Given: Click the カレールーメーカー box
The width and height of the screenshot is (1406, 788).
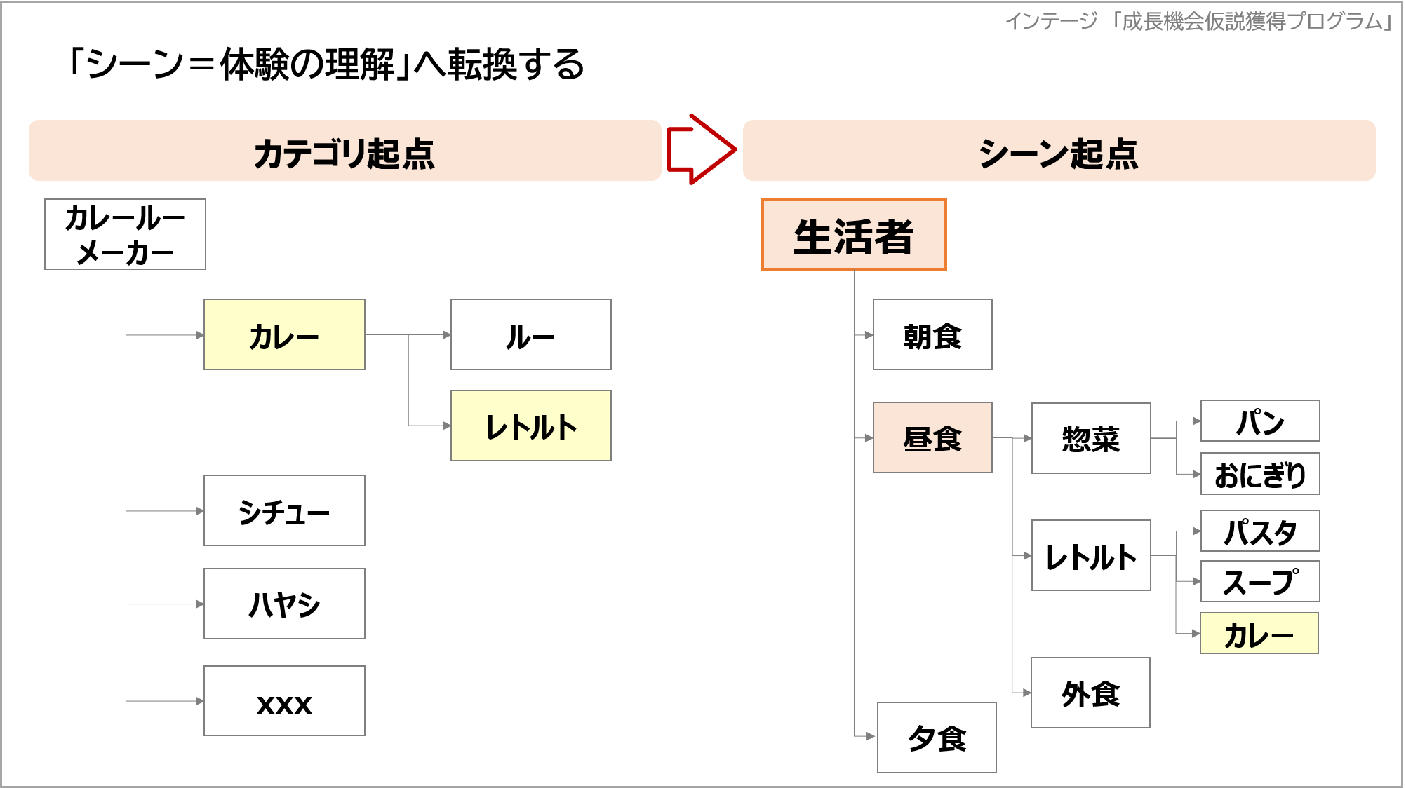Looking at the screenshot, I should (125, 234).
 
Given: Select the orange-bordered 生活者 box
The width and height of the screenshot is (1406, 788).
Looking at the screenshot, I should (853, 235).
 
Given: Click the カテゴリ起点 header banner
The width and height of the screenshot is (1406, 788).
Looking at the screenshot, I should (344, 151).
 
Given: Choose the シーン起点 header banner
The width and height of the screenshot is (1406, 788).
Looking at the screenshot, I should (1059, 151).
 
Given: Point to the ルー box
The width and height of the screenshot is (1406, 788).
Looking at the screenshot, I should (530, 335).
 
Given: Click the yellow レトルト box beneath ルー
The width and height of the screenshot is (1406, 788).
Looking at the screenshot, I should (530, 426).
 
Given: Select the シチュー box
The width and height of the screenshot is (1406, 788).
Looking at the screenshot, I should (284, 510).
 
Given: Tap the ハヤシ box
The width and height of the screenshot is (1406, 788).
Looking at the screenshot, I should (284, 604).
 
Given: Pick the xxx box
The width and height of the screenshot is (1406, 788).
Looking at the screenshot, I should (284, 701).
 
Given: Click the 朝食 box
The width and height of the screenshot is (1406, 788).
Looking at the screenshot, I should (932, 335).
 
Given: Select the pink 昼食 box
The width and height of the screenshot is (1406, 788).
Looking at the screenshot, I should (932, 438).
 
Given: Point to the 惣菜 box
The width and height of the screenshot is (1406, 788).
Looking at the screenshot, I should (1091, 438).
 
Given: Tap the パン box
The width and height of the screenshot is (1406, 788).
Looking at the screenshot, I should (1260, 421).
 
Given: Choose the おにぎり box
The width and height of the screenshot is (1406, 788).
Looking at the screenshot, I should (1260, 474).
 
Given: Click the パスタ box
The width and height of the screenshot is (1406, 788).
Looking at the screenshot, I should (1260, 531).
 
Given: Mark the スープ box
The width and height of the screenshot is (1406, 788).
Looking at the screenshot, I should (1260, 581).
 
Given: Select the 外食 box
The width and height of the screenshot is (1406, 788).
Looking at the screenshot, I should (1090, 693).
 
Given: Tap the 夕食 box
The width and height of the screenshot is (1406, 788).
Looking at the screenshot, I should (937, 738).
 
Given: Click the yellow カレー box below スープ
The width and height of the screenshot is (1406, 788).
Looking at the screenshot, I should (1259, 634).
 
